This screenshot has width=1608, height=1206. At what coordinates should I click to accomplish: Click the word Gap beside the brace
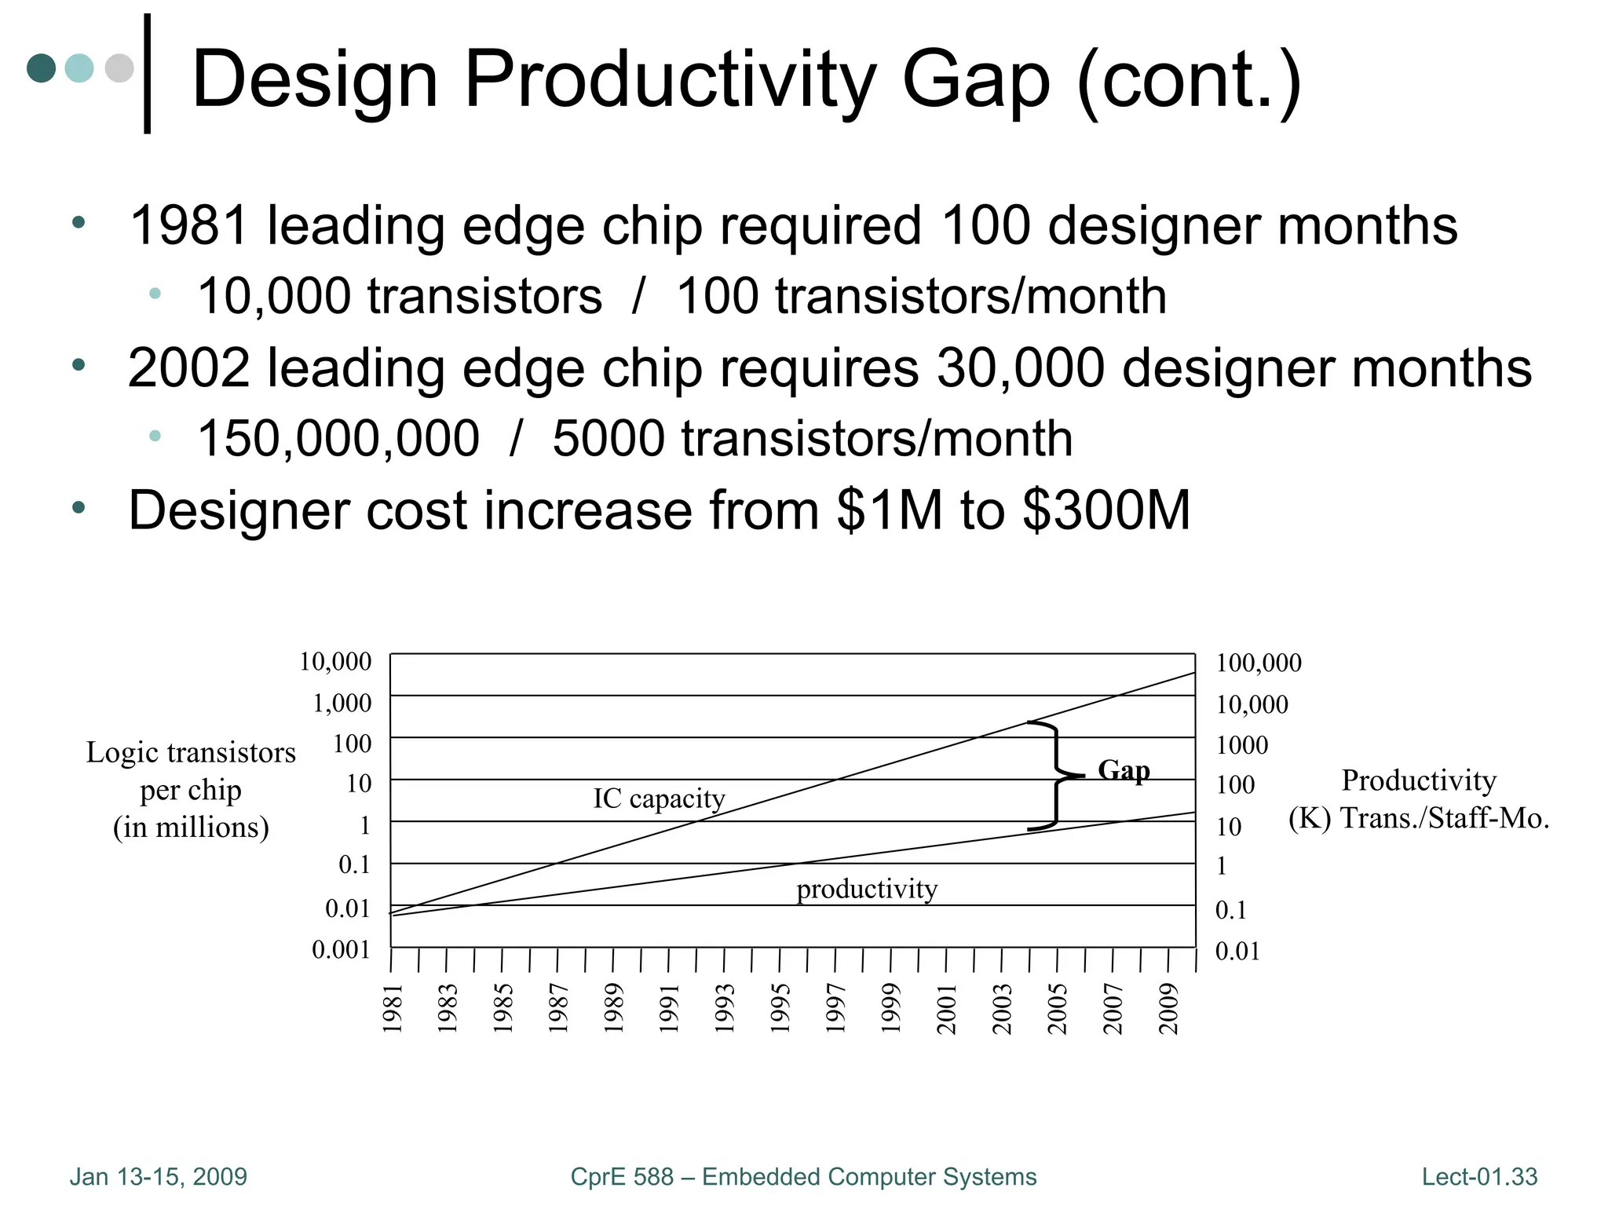(1124, 770)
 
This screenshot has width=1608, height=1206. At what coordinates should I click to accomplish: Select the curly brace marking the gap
(1054, 775)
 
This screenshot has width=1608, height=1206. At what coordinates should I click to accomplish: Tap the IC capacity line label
(659, 799)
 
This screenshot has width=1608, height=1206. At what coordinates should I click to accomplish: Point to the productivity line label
(867, 889)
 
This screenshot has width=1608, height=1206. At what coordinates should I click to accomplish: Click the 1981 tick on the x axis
(393, 1008)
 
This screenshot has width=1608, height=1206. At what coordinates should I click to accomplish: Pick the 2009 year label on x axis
(1169, 1008)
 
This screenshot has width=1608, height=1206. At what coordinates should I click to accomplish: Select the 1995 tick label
(780, 1008)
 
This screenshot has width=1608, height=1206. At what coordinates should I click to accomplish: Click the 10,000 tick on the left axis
(335, 662)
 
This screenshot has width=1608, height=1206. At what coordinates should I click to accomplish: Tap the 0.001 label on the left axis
(341, 950)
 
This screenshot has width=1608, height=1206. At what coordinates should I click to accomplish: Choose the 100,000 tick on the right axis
(1259, 663)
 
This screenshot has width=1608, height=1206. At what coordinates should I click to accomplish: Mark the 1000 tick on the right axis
(1242, 745)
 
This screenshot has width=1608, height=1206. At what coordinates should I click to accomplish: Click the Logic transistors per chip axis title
(191, 789)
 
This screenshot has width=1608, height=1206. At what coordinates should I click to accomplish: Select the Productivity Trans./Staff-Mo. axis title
(1418, 799)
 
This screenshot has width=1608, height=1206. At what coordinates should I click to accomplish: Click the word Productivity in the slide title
(669, 79)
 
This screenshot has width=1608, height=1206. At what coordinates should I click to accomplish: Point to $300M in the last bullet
(1106, 510)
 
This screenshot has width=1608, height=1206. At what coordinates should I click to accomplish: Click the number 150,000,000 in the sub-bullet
(338, 438)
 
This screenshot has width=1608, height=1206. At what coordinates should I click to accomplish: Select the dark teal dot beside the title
(41, 68)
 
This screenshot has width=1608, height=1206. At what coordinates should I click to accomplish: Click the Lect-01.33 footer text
(1479, 1177)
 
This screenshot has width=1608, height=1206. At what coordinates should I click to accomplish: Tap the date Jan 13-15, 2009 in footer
(159, 1177)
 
